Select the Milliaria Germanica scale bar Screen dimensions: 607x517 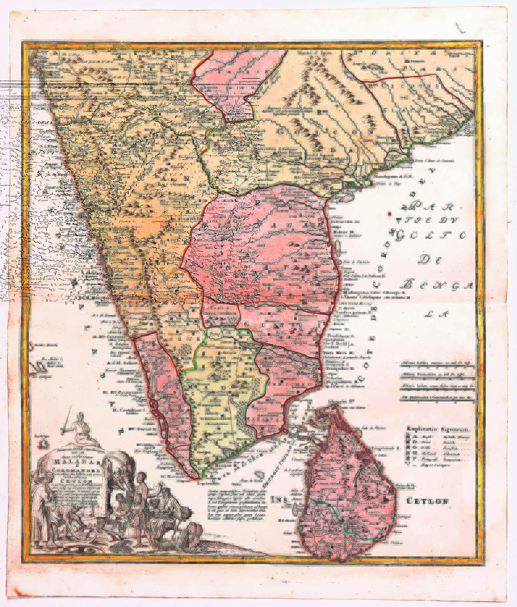436,375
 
